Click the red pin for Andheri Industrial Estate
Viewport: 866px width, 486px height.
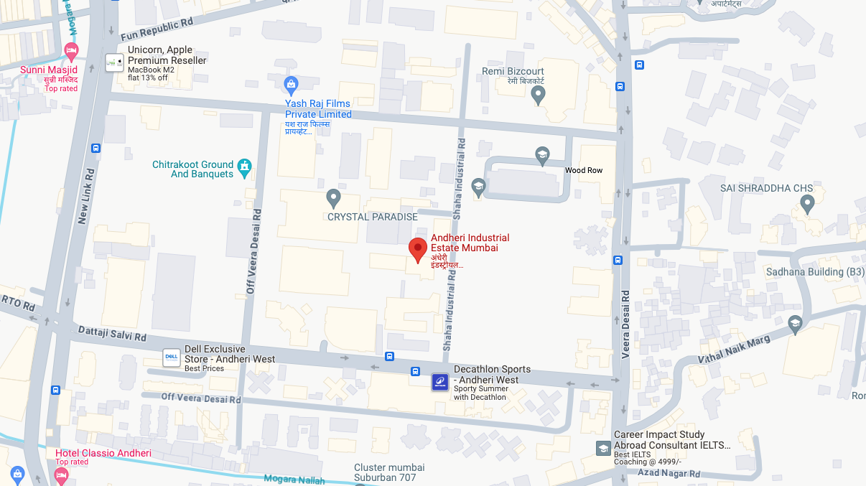(418, 249)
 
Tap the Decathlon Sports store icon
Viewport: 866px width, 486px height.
(439, 382)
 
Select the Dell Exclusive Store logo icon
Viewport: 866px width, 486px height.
(171, 358)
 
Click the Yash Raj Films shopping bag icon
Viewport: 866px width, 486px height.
(291, 85)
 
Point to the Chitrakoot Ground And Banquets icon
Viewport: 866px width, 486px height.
(245, 169)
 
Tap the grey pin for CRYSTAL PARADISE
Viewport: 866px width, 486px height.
(332, 197)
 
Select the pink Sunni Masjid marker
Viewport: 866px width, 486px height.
(70, 52)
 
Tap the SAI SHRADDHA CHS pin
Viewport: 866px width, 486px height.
(807, 205)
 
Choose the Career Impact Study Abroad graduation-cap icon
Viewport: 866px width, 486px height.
(603, 448)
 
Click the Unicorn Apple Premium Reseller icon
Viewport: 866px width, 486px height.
(113, 62)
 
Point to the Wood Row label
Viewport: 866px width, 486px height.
(584, 170)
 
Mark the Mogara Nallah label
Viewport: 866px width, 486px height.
(294, 480)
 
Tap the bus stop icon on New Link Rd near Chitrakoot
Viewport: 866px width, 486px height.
(96, 148)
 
